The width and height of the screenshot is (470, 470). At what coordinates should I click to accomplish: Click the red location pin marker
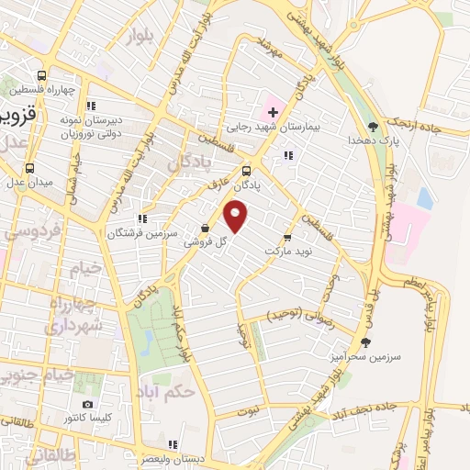tap(237, 218)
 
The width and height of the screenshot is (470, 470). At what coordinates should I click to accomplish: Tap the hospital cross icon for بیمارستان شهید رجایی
tap(273, 112)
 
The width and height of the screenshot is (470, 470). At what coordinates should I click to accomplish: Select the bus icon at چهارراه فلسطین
tap(41, 76)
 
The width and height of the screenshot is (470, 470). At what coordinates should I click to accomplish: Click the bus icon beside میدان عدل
tap(29, 168)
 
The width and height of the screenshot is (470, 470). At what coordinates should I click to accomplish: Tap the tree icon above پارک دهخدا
tap(372, 126)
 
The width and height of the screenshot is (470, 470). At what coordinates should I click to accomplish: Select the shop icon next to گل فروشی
tap(205, 229)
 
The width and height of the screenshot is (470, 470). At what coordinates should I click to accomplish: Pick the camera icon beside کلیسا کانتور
tap(87, 404)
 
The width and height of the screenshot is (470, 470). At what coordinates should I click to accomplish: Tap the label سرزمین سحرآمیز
tap(365, 354)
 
